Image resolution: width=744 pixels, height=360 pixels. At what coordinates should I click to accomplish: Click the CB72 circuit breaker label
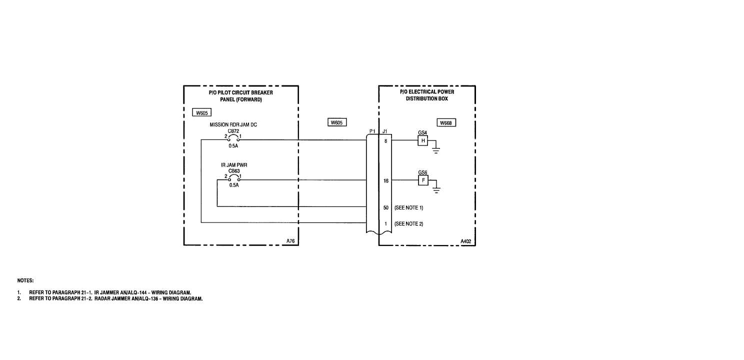pos(234,131)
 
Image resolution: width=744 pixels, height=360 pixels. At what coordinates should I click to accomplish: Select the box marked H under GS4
pos(423,141)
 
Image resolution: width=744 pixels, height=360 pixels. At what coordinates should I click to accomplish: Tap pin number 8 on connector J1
pos(385,141)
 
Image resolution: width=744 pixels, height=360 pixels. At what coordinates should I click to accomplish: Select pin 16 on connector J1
pos(385,181)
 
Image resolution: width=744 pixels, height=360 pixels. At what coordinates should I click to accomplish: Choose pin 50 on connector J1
pos(385,207)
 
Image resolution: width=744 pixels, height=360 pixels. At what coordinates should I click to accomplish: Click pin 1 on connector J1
pos(385,223)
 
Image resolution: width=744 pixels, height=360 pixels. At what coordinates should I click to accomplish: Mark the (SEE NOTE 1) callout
pos(409,207)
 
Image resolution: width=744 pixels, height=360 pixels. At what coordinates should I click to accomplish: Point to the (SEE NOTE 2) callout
pos(409,223)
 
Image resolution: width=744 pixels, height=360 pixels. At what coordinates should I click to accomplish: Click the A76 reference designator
pos(290,241)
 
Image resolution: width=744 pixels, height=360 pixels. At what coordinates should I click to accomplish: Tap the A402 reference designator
pos(466,241)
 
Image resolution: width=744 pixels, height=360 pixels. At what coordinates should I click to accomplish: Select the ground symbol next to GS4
pos(436,150)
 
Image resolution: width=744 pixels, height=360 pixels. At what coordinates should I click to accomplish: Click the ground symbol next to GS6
pos(436,189)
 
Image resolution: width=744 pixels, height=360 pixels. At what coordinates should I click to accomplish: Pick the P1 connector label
pos(372,131)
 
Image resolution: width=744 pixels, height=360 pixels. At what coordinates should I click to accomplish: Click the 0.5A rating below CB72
pos(233,146)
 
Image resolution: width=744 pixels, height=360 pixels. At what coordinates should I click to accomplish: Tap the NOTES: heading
pos(25,280)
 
